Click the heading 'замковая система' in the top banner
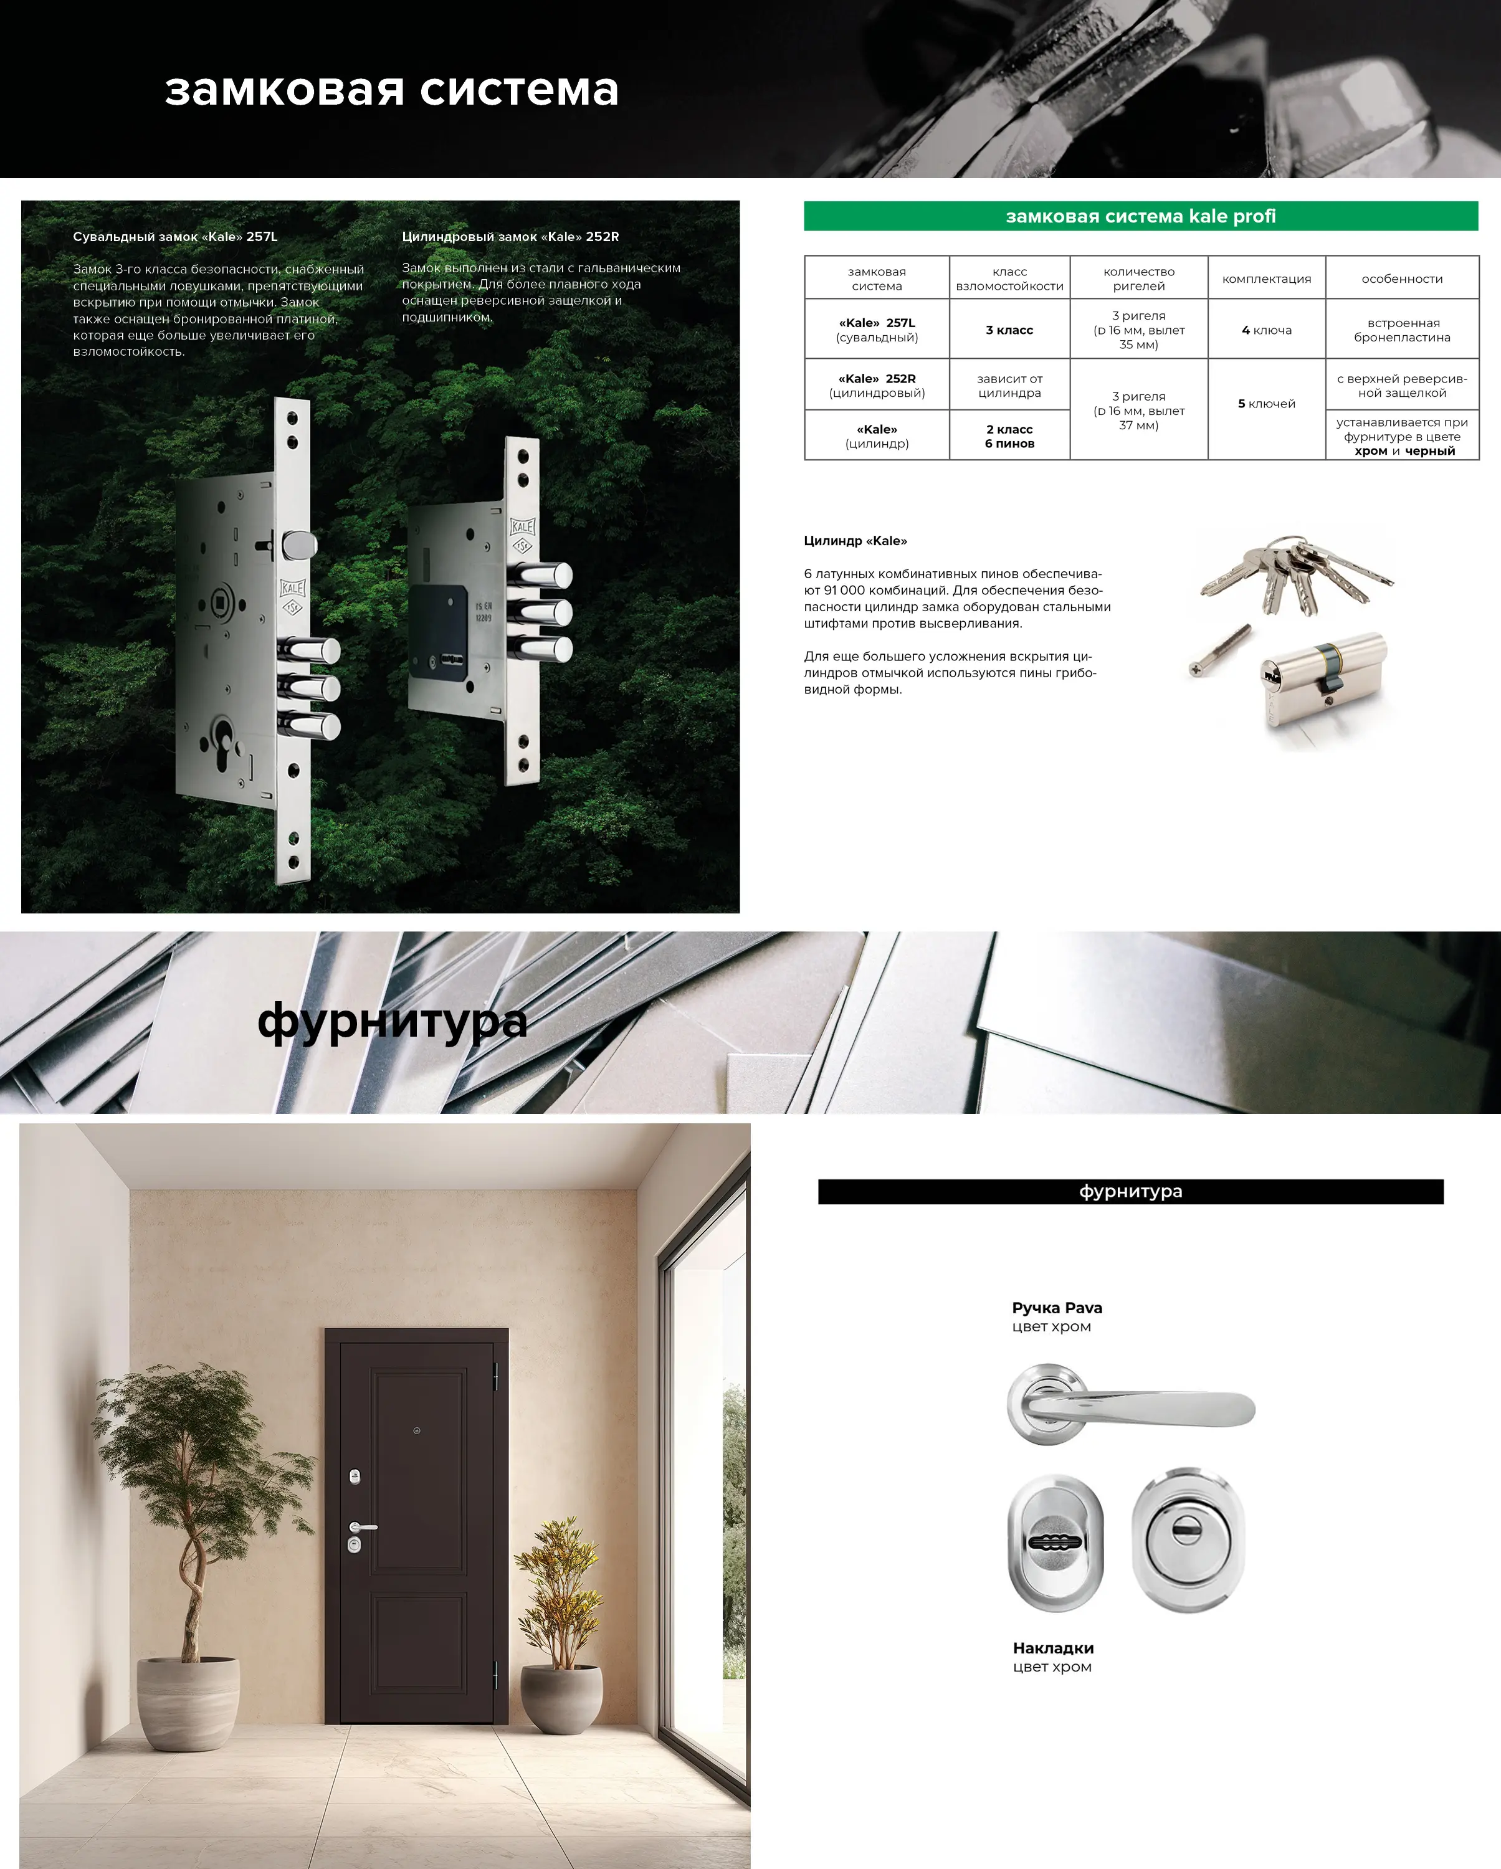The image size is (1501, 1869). point(392,89)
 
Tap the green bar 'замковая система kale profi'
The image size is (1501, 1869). point(1140,216)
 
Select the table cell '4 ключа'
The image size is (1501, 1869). point(1266,330)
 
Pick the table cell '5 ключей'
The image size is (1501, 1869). point(1266,404)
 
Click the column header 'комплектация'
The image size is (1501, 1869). point(1266,278)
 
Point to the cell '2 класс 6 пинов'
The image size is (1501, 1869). point(1009,436)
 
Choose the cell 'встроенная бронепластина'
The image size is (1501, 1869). point(1402,330)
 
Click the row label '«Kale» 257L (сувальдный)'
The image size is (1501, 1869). point(877,330)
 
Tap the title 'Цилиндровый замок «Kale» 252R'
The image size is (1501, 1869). point(511,237)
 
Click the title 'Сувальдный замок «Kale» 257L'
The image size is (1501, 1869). point(175,237)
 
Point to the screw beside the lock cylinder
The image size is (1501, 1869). point(1219,650)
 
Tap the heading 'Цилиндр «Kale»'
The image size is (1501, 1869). point(855,541)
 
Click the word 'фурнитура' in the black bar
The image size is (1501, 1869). point(1131,1192)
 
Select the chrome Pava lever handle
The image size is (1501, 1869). point(1130,1404)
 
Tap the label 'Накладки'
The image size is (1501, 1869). point(1054,1648)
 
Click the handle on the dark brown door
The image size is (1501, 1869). point(363,1526)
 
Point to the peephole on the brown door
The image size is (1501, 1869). point(417,1430)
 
